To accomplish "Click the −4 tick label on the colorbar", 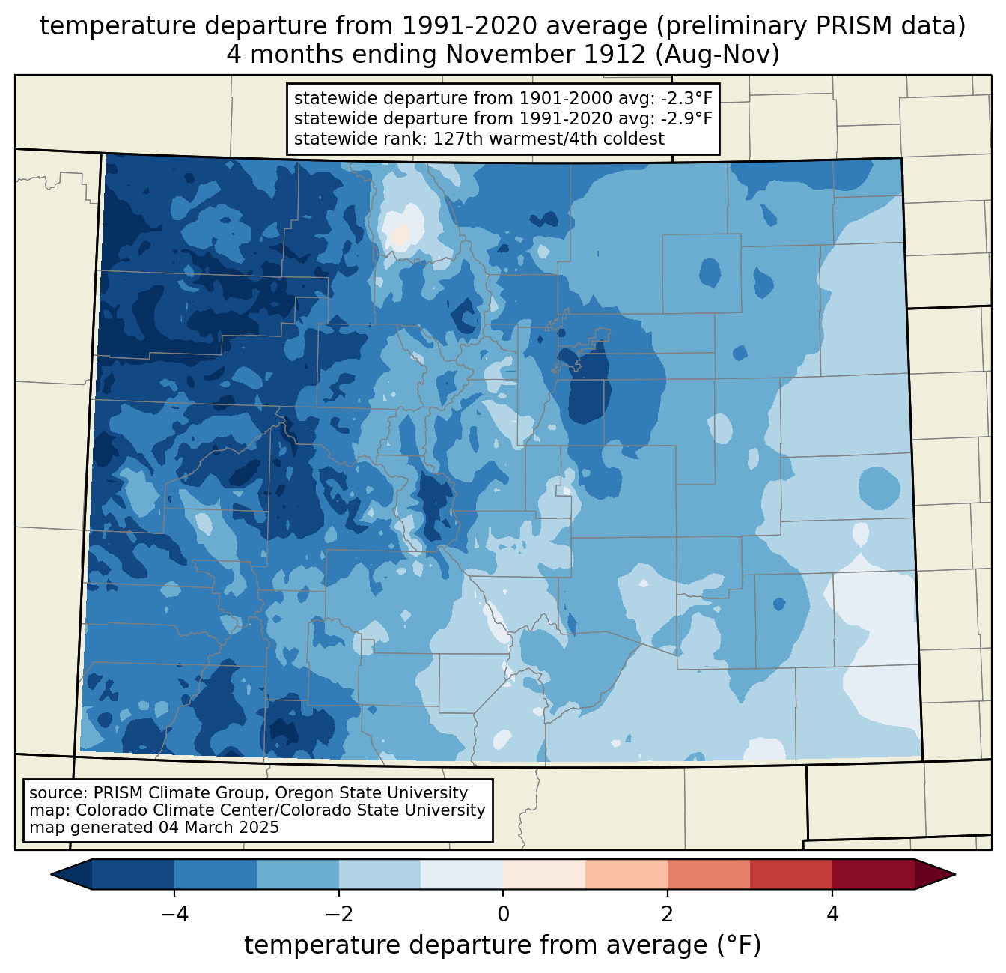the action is (174, 914).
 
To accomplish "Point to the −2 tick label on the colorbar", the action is (338, 914).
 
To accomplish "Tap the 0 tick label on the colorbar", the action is (503, 914).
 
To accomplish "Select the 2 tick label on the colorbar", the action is (668, 914).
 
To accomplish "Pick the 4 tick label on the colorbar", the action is (832, 914).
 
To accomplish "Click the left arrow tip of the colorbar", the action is (51, 874).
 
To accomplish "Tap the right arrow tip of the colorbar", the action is (955, 874).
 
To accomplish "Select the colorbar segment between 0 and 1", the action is (544, 874).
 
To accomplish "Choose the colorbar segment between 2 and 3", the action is (708, 874).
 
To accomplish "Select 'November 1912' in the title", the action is (546, 55).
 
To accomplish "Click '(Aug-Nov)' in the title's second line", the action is (717, 55).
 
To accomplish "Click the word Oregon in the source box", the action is (304, 793).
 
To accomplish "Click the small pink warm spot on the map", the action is (400, 235).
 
